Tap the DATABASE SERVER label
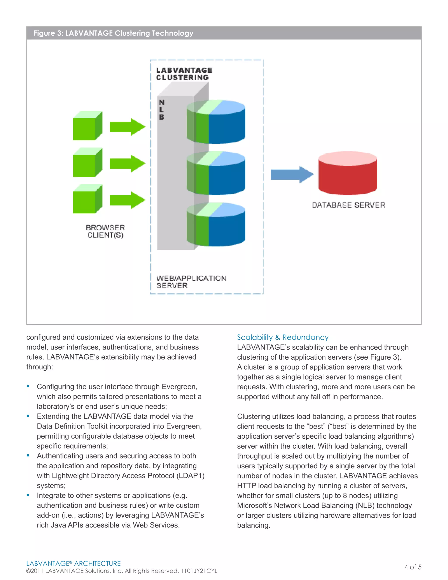point(348,205)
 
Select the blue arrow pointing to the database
point(292,174)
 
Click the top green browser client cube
point(87,126)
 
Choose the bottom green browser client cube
point(87,199)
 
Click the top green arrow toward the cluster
point(127,127)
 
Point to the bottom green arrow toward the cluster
point(127,200)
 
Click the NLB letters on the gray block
point(162,110)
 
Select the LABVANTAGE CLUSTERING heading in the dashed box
point(184,74)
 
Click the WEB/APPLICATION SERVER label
point(191,282)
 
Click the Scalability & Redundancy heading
point(283,337)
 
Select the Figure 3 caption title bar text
point(113,33)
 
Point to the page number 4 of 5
point(413,567)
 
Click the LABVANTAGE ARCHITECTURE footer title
point(73,563)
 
